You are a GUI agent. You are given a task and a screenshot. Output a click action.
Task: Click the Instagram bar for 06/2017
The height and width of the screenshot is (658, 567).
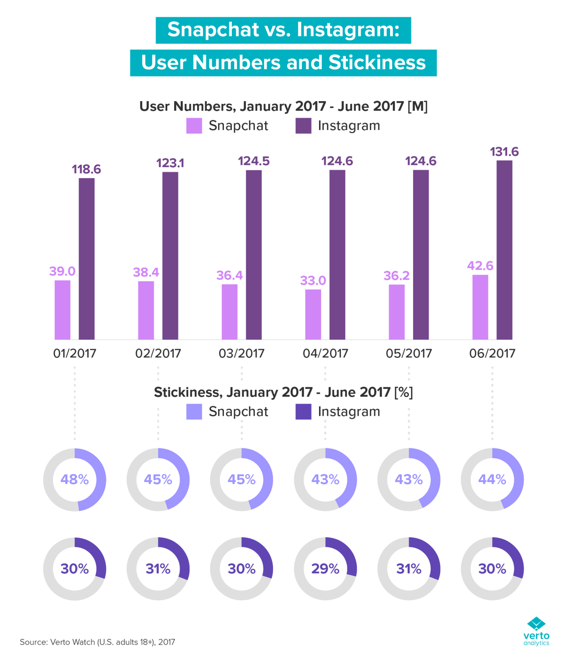[x=504, y=250]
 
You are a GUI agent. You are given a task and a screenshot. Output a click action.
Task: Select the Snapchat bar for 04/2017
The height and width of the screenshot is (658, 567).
[x=313, y=314]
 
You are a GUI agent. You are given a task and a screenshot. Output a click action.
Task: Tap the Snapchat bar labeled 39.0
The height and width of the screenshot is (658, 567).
[x=63, y=310]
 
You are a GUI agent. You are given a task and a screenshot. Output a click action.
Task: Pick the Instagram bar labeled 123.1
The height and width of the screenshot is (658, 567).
[x=170, y=256]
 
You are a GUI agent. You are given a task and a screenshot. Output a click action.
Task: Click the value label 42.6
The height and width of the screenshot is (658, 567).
[x=480, y=266]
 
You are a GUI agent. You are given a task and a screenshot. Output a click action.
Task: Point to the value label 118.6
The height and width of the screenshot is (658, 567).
[x=87, y=170]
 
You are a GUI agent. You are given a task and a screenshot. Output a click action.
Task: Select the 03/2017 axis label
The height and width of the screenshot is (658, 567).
[x=242, y=354]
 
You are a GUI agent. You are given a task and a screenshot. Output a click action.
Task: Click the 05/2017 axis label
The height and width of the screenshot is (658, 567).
[x=409, y=354]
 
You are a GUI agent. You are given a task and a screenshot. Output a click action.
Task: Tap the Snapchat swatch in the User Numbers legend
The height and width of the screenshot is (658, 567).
[x=194, y=126]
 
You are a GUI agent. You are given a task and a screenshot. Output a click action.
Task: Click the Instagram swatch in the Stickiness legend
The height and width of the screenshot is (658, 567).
[x=303, y=411]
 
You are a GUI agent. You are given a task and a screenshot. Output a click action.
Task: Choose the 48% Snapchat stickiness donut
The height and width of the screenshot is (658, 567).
[x=75, y=479]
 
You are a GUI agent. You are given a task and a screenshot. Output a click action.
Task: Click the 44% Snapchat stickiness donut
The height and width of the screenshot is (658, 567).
[x=492, y=479]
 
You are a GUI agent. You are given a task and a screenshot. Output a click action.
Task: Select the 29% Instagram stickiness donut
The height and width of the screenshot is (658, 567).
[x=325, y=568]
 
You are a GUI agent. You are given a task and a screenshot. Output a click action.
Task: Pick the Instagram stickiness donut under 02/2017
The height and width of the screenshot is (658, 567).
[x=158, y=568]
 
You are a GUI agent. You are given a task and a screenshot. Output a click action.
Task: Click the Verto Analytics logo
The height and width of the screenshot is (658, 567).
[x=536, y=631]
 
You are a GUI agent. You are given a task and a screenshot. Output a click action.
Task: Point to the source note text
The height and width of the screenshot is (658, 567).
[x=97, y=641]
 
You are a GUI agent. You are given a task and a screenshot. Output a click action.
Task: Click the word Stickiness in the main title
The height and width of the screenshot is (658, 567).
[x=377, y=63]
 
